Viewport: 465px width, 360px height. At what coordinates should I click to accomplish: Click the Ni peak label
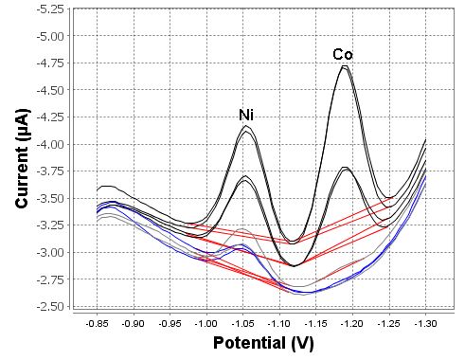click(245, 116)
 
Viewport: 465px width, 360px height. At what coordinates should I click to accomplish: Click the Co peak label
click(342, 54)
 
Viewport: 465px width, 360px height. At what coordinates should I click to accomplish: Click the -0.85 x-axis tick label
click(97, 322)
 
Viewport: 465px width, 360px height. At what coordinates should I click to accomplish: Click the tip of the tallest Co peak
click(346, 65)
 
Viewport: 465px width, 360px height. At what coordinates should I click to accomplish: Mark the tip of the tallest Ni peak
click(246, 126)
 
